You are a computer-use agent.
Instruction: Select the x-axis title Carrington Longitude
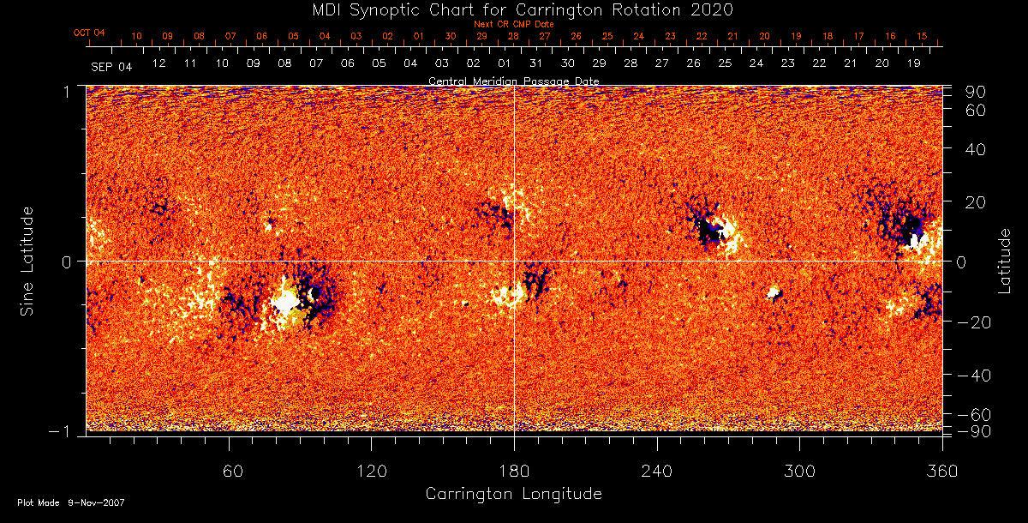click(x=513, y=494)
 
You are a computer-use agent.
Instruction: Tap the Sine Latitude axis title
click(x=28, y=261)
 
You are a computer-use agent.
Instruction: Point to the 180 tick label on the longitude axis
click(x=514, y=471)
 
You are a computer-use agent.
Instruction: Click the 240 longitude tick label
click(x=656, y=471)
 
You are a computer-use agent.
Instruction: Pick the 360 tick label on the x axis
click(x=941, y=471)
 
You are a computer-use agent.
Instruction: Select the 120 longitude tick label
click(x=371, y=471)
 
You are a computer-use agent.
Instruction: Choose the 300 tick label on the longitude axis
click(x=799, y=471)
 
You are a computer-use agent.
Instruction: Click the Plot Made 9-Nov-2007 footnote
click(x=71, y=502)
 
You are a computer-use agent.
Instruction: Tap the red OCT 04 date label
click(x=89, y=33)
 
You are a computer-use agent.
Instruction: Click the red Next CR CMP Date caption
click(x=514, y=25)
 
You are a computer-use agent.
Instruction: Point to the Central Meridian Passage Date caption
click(x=514, y=81)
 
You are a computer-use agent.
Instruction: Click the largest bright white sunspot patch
click(x=285, y=302)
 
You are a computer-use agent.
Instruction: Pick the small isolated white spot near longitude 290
click(x=774, y=293)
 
